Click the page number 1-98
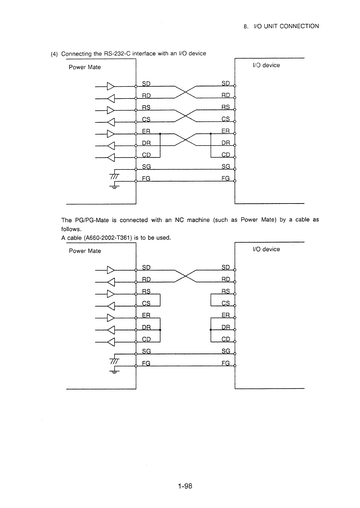click(185, 486)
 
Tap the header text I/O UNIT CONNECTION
click(287, 26)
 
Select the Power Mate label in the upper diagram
click(85, 67)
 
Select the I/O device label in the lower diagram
click(266, 249)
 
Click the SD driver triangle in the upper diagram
click(111, 86)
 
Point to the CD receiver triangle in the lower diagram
click(111, 342)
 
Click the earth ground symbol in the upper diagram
click(114, 187)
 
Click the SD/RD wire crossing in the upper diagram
click(186, 92)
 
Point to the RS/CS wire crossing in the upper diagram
click(186, 116)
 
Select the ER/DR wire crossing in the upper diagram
click(186, 140)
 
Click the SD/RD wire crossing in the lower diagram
click(186, 276)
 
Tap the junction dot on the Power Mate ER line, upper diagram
click(160, 134)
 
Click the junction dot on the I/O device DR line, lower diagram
click(211, 330)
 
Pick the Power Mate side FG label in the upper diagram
click(146, 178)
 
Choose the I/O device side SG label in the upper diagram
click(226, 166)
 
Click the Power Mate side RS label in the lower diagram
click(146, 291)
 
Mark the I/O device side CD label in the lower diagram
click(226, 339)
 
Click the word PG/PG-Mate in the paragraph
click(92, 220)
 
